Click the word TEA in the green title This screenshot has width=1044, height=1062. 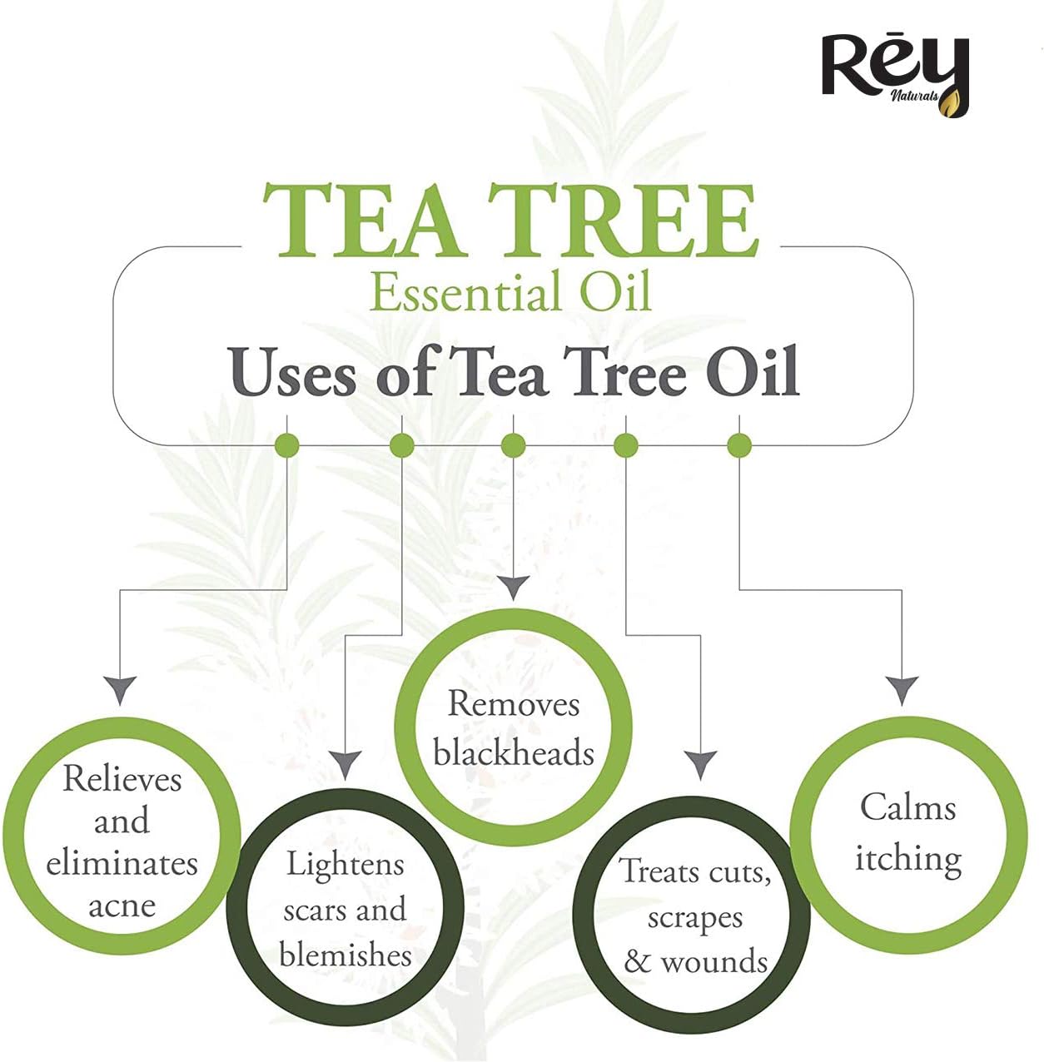pyautogui.click(x=361, y=220)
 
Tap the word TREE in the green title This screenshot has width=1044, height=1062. pyautogui.click(x=622, y=220)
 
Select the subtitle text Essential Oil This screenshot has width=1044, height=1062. pyautogui.click(x=510, y=292)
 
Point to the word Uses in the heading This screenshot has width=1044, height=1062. pyautogui.click(x=292, y=372)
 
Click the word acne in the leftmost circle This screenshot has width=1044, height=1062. pyautogui.click(x=122, y=906)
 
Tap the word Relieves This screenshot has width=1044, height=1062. pyautogui.click(x=122, y=779)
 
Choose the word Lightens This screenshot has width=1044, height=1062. pyautogui.click(x=345, y=864)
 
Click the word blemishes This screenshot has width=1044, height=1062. pyautogui.click(x=345, y=954)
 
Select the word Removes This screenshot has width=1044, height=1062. pyautogui.click(x=513, y=704)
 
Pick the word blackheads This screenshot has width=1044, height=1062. pyautogui.click(x=513, y=752)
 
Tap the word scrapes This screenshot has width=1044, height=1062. pyautogui.click(x=694, y=917)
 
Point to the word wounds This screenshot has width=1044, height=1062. pyautogui.click(x=713, y=961)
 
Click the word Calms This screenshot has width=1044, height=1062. pyautogui.click(x=907, y=806)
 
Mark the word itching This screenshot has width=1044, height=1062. pyautogui.click(x=907, y=857)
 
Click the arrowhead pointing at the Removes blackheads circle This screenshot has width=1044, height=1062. pyautogui.click(x=514, y=588)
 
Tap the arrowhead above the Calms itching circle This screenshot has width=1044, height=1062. pyautogui.click(x=902, y=690)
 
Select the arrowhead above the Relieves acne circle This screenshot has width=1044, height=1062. pyautogui.click(x=121, y=690)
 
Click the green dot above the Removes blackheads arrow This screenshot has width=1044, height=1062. pyautogui.click(x=514, y=446)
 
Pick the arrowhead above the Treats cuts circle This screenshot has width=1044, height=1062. pyautogui.click(x=700, y=764)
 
